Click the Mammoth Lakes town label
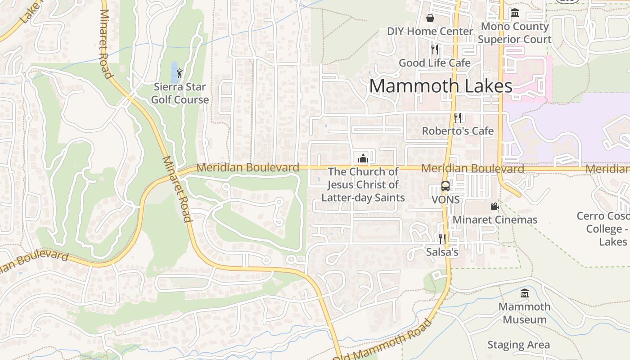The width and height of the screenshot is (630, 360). point(441,86)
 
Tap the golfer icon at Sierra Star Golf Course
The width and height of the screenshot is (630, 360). point(180,73)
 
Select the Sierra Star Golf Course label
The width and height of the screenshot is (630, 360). point(180,93)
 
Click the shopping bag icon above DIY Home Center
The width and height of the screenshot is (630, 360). point(430,18)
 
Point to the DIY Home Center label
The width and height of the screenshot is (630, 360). point(430,31)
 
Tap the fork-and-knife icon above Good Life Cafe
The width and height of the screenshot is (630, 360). point(434,49)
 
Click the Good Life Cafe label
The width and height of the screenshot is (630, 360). point(435,63)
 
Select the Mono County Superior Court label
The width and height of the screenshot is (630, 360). point(515,33)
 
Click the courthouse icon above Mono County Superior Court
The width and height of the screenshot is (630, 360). point(515,13)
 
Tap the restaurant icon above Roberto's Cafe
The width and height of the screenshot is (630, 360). point(458,117)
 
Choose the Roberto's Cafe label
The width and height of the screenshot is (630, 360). point(458,131)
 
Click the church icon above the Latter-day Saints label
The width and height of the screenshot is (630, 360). point(363,158)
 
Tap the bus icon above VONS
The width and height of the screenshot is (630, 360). point(445,186)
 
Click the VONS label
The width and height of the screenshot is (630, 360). point(445,199)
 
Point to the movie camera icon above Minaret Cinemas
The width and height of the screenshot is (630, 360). point(495,206)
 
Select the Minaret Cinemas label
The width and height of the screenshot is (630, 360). point(495,220)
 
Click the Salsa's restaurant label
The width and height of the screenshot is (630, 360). point(442,252)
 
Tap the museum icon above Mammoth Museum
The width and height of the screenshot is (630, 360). point(524,293)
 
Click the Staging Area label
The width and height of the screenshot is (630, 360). point(518,345)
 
